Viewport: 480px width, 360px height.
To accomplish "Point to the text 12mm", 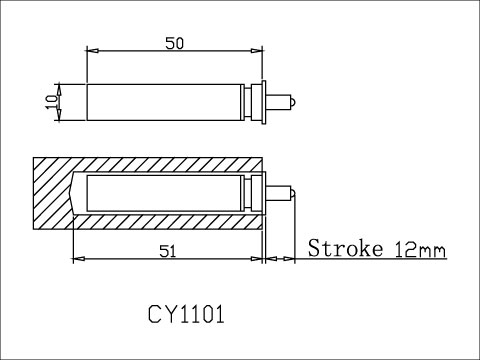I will (420, 249).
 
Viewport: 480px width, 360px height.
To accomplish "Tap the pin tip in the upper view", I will (288, 100).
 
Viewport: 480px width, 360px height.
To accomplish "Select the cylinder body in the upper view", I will (165, 101).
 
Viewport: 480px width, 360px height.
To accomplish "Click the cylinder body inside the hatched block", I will (165, 192).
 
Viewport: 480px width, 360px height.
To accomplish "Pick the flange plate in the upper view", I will (263, 101).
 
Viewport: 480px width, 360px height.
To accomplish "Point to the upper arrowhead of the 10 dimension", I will (60, 86).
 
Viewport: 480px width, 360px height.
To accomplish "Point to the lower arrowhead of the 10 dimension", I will (60, 115).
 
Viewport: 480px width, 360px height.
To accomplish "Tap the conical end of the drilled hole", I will (78, 192).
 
